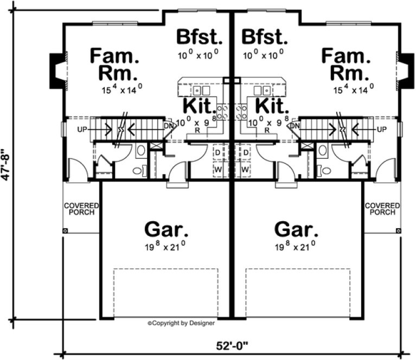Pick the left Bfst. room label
(x=200, y=38)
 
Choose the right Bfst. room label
(x=264, y=38)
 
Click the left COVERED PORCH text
(x=82, y=209)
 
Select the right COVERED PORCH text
(x=382, y=209)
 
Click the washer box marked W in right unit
(x=245, y=169)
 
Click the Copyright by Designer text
(x=181, y=323)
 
